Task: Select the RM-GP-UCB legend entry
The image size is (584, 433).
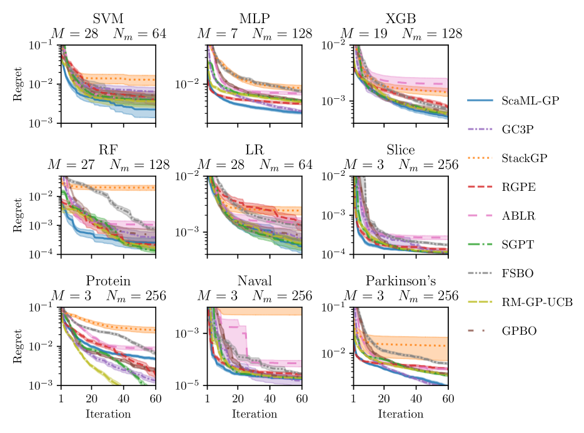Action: pos(532,303)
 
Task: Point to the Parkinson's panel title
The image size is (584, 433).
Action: pos(401,280)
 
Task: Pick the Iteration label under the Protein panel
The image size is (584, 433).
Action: pos(109,414)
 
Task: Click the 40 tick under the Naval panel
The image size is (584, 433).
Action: pos(270,400)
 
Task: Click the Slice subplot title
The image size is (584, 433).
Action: pos(401,150)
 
